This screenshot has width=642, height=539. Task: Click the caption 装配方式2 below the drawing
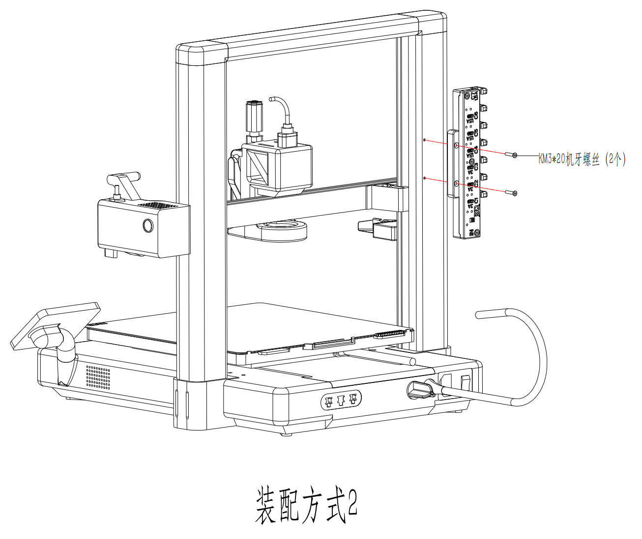(305, 506)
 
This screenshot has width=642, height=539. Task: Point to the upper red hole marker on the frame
(425, 140)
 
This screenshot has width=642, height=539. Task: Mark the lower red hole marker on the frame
(425, 178)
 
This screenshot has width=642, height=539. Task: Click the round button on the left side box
(147, 225)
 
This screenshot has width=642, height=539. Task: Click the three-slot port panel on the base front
(341, 400)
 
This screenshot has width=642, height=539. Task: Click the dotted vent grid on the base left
(98, 377)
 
